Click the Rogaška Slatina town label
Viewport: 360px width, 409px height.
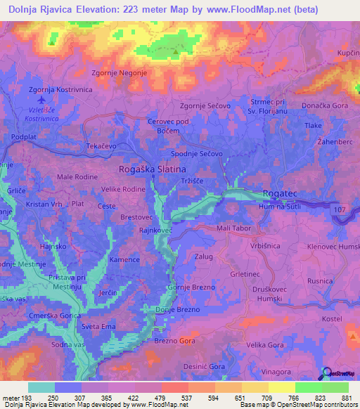(153, 169)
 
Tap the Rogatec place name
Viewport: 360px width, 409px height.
(281, 193)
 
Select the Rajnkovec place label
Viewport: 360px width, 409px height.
(156, 230)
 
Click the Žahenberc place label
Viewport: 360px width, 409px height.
(333, 141)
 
